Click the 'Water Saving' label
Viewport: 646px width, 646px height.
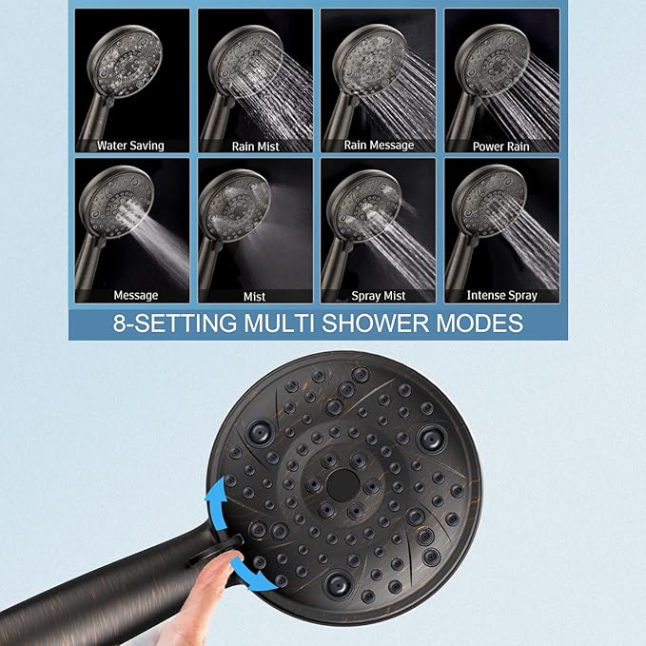coord(130,146)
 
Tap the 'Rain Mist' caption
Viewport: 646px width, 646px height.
coord(254,147)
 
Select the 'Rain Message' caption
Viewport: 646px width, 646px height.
coord(379,146)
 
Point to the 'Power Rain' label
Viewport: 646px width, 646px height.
coord(501,147)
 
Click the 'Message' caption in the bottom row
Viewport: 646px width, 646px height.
coord(135,296)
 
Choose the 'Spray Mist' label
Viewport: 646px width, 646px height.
coord(379,296)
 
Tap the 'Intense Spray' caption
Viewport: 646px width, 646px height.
coord(502,296)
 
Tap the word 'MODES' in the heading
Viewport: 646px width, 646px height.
coord(476,323)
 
